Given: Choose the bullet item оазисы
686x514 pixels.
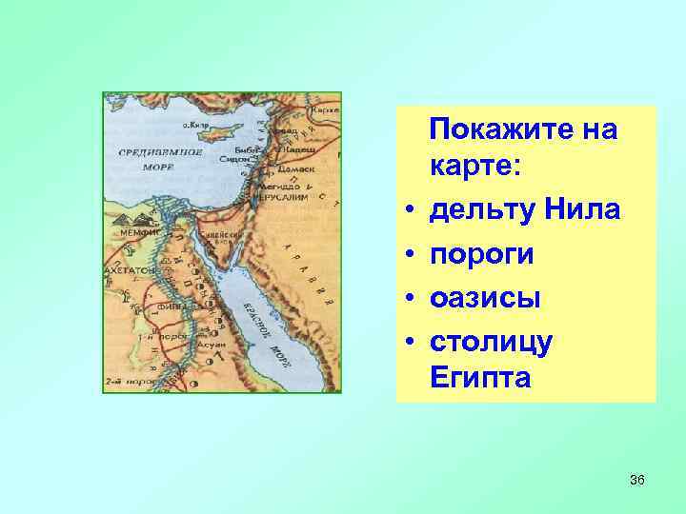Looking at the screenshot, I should [485, 297].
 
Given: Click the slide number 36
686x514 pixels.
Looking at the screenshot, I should [636, 480].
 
